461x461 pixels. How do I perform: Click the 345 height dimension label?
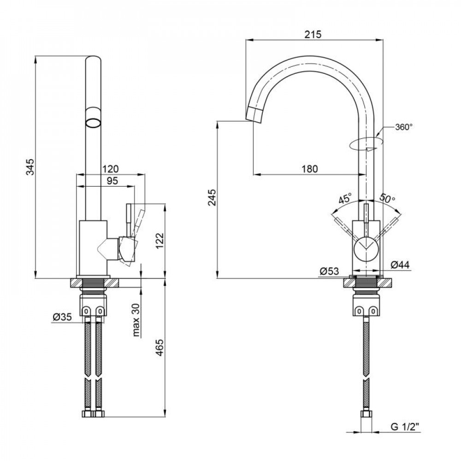(x=31, y=167)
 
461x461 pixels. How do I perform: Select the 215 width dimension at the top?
(x=313, y=35)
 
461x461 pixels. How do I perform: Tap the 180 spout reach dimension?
(x=310, y=169)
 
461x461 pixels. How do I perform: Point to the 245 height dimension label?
(x=212, y=197)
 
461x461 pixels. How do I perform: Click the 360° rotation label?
(x=404, y=127)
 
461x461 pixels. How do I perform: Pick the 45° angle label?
(x=345, y=199)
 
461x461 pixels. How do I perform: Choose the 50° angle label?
(x=387, y=198)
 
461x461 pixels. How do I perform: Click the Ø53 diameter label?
(x=329, y=271)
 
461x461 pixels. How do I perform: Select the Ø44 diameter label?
(x=400, y=265)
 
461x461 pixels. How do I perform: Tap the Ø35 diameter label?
(x=62, y=317)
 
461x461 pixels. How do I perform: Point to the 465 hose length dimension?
(x=159, y=348)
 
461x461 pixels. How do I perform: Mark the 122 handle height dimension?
(x=159, y=241)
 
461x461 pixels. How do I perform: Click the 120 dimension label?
(x=110, y=169)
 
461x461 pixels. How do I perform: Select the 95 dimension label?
(x=112, y=181)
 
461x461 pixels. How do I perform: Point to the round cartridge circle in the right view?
(x=366, y=249)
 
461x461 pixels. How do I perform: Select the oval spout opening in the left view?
(x=94, y=122)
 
